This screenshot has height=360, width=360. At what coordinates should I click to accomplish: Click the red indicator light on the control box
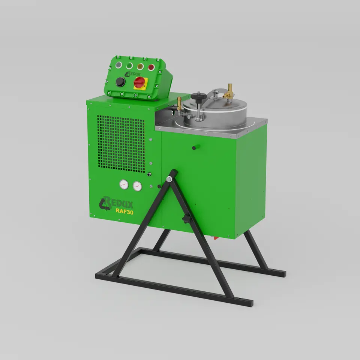coord(151,67)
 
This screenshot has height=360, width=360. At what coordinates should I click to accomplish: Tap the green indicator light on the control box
coord(129,66)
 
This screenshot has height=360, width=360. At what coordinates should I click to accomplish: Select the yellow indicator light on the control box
coord(140,67)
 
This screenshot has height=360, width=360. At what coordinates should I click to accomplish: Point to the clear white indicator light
coord(118,65)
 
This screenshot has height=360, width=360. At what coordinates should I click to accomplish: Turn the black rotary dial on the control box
coord(120,82)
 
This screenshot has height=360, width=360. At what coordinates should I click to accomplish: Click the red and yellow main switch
coord(139,83)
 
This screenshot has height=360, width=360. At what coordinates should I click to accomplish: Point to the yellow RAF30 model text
coord(124,211)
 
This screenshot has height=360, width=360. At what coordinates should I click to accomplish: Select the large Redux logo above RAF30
coord(115,203)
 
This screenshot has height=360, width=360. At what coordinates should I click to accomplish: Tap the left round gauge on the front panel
coord(124,184)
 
